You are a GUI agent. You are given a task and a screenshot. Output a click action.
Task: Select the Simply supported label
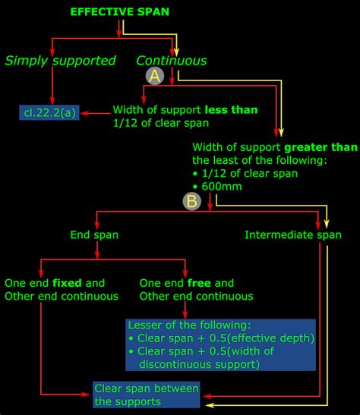[x=60, y=61]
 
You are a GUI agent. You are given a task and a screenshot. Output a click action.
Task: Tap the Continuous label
[x=171, y=61]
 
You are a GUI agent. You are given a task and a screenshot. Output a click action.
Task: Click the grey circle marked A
[x=156, y=76]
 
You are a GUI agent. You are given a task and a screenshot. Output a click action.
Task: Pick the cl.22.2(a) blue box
[x=48, y=114]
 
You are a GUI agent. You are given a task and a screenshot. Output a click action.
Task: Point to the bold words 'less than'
[x=232, y=109]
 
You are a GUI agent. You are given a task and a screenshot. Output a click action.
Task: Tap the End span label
[x=94, y=235]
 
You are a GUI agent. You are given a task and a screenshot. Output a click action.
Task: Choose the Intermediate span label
[x=293, y=235]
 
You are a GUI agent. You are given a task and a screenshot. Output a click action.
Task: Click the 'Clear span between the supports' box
[x=147, y=395]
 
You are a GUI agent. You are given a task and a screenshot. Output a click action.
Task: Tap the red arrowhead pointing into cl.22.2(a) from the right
[x=85, y=114]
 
